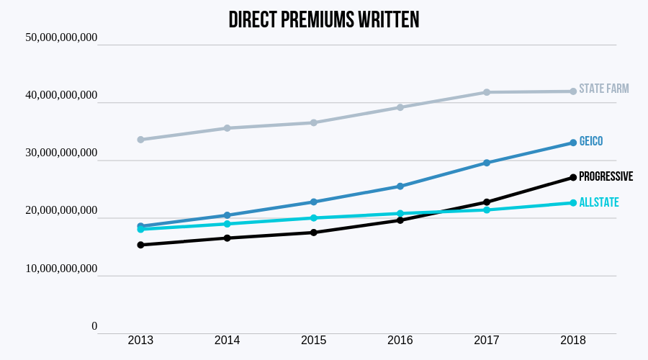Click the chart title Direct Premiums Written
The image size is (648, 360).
tap(323, 20)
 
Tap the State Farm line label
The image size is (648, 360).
tap(603, 89)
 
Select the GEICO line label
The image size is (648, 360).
tap(590, 142)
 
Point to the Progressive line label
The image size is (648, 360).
tap(606, 176)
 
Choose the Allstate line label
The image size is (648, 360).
tap(598, 202)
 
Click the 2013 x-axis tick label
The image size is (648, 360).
tap(140, 341)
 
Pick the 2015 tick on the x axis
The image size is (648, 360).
tap(313, 341)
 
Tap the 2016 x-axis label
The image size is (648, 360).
tap(400, 341)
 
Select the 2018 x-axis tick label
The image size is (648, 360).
tap(572, 341)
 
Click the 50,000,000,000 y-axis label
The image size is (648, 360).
tap(61, 37)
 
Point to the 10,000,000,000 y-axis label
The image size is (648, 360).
tap(61, 269)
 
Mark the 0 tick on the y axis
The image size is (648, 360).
tap(94, 326)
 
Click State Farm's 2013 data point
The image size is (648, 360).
tap(140, 140)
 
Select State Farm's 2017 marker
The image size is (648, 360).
tap(487, 92)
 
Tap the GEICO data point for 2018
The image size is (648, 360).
tap(573, 143)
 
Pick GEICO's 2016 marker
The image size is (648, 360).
tap(400, 186)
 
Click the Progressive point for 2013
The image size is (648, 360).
tap(140, 245)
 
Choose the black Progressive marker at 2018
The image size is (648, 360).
tap(573, 177)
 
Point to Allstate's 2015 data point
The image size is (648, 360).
tap(314, 218)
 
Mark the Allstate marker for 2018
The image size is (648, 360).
tap(573, 203)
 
